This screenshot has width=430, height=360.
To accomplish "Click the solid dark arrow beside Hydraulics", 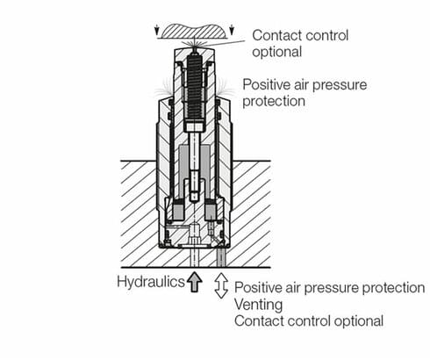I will [x=194, y=282].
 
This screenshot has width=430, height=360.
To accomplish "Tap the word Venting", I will [x=259, y=305].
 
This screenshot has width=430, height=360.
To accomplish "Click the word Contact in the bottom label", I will [x=260, y=321].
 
